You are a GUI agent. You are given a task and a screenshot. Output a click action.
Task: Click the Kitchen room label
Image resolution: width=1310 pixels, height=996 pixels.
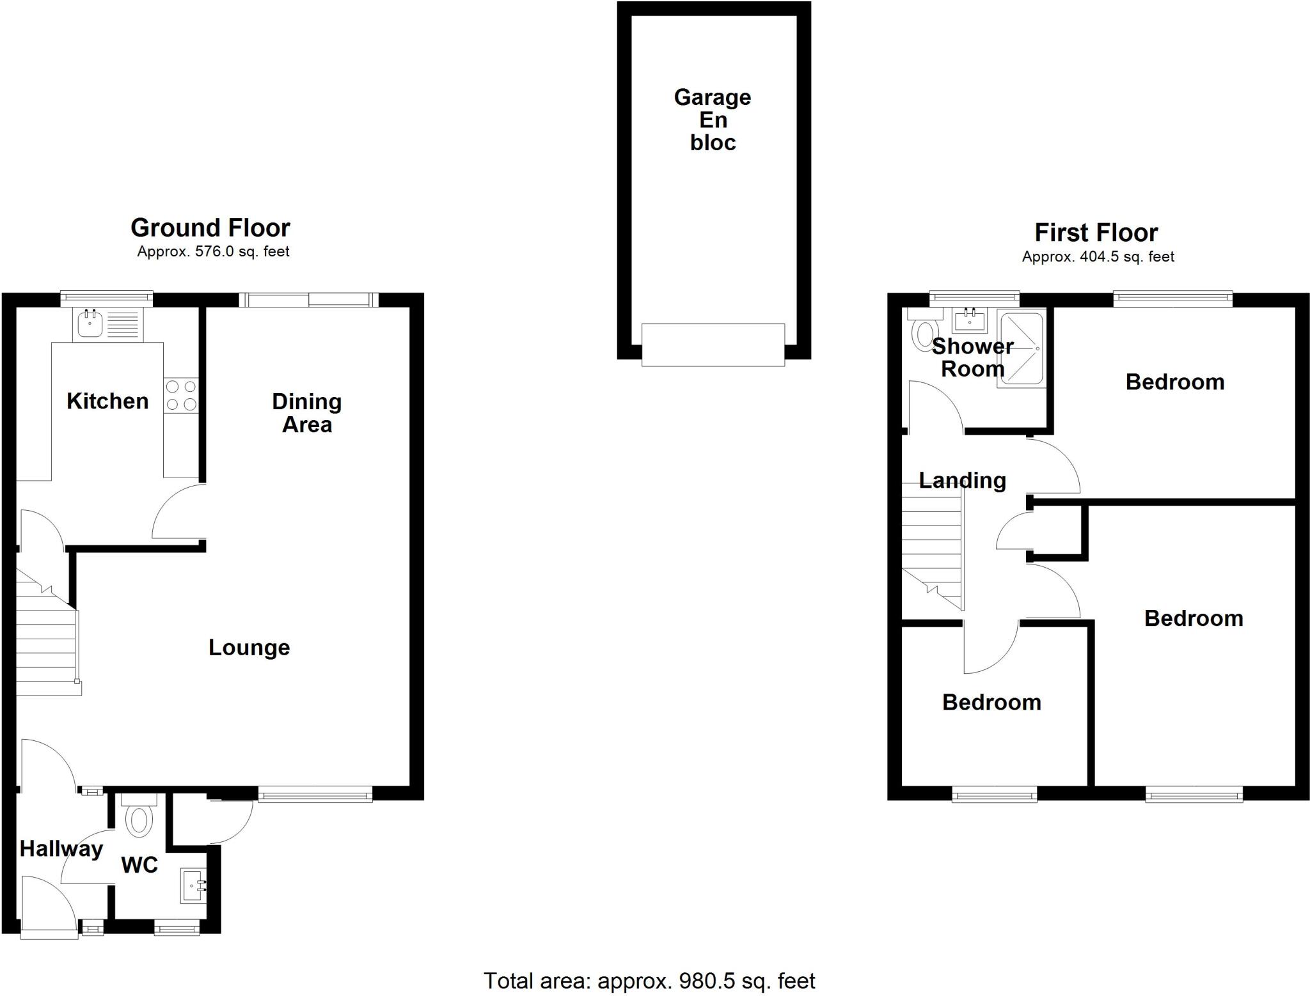tap(107, 401)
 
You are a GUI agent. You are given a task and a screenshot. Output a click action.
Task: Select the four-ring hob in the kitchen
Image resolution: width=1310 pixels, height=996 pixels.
tap(181, 396)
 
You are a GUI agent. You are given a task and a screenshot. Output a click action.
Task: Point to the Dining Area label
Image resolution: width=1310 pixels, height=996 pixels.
tap(307, 413)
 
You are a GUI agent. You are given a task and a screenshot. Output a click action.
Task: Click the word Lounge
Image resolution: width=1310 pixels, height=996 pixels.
tap(249, 648)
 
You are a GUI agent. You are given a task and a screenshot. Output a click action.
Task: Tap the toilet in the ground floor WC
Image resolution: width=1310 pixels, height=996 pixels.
tap(138, 820)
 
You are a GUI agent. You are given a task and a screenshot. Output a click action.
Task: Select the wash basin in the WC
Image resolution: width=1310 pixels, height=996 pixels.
tap(193, 885)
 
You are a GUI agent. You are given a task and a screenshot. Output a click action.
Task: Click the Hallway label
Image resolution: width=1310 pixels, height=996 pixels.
tap(61, 849)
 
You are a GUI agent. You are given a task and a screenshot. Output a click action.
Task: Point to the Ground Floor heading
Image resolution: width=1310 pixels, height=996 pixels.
tap(210, 228)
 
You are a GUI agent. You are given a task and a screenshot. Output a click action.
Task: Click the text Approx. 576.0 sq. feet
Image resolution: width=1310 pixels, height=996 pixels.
tap(213, 252)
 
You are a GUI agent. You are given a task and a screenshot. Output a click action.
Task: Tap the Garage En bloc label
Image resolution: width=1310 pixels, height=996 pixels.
tap(713, 120)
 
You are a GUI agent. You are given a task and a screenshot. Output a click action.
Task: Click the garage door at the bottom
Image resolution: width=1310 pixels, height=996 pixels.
tap(713, 345)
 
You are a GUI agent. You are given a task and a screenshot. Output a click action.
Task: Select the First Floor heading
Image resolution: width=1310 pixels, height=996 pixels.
tap(1096, 233)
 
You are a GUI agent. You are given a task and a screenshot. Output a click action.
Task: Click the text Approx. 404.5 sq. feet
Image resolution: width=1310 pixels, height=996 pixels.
tap(1098, 257)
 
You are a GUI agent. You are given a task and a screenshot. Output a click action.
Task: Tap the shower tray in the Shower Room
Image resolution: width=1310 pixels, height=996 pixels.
tap(1021, 348)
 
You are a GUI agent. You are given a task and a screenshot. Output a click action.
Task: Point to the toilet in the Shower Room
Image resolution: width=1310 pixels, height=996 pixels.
tap(924, 334)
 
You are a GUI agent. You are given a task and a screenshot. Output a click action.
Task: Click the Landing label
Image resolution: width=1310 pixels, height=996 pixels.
tap(962, 481)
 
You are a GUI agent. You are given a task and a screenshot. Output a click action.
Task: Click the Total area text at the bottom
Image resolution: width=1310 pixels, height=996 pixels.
tap(649, 981)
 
